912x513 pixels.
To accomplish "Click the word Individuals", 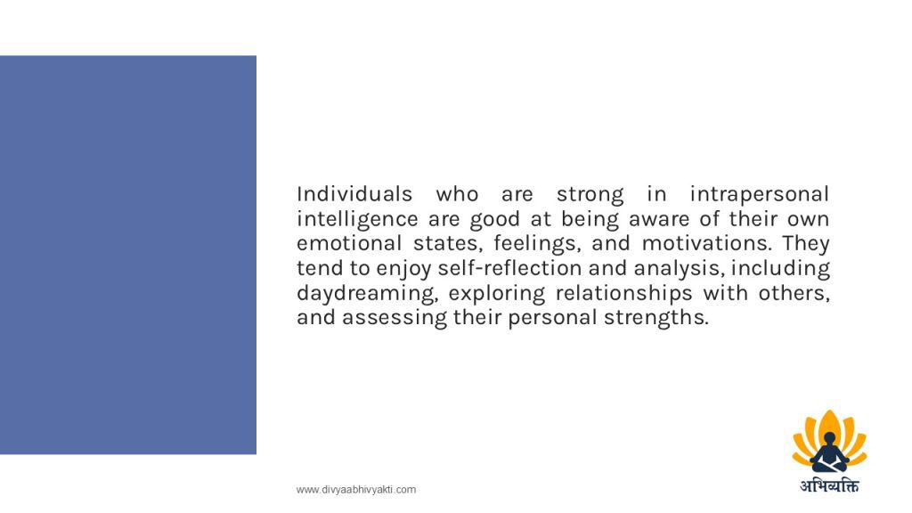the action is pos(354,193).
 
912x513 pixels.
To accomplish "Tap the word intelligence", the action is pos(357,220).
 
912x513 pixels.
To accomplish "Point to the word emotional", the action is pos(349,243).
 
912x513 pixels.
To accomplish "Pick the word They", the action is pos(805,244).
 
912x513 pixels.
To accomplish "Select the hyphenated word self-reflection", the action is pos(509,268).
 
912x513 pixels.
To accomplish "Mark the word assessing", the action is pos(395,318).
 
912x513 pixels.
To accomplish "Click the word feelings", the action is pos(537,244).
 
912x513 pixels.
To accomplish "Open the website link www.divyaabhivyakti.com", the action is pos(356,490).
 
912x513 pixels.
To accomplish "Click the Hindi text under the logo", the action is pos(829,485).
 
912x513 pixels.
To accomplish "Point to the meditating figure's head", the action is pos(830,438).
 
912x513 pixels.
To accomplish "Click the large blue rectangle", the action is pos(128,255).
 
